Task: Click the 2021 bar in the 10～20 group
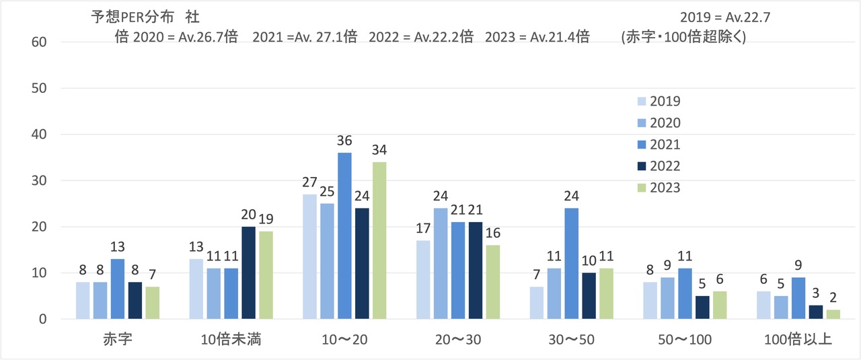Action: coord(344,236)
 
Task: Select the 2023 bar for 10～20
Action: coord(379,240)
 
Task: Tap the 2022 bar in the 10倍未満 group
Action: coord(248,273)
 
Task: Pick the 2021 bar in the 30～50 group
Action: coord(572,264)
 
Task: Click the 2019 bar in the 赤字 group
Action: coord(83,300)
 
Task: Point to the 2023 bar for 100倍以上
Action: coord(833,314)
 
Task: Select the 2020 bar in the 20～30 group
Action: coord(441,264)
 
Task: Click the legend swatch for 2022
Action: coord(642,166)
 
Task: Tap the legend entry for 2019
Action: coord(659,101)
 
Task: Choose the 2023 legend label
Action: coord(665,188)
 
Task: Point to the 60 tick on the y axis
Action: coord(39,42)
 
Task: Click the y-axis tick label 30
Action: coord(39,180)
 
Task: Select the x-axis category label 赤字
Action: coord(118,339)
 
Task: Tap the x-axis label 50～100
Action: coord(685,340)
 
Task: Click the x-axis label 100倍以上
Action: coord(798,339)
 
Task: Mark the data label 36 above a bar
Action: coord(344,141)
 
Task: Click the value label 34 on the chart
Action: coord(379,150)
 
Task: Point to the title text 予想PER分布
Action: coord(133,17)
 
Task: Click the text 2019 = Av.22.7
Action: coord(725,17)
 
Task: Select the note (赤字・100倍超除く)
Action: coord(684,37)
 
